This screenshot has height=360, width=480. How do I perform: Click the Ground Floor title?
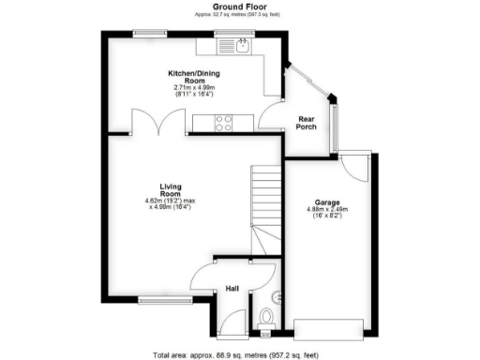pos(239,7)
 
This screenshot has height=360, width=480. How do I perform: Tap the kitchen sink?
pos(243,44)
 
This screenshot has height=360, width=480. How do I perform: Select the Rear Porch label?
pos(307,123)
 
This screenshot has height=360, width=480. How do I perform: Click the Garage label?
pos(327,202)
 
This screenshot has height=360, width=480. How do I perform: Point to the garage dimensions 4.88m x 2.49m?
pos(327,209)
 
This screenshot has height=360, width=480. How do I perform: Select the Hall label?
pos(232,289)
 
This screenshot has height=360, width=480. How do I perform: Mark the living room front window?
pos(154,300)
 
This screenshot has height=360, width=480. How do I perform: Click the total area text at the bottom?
pos(239,353)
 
